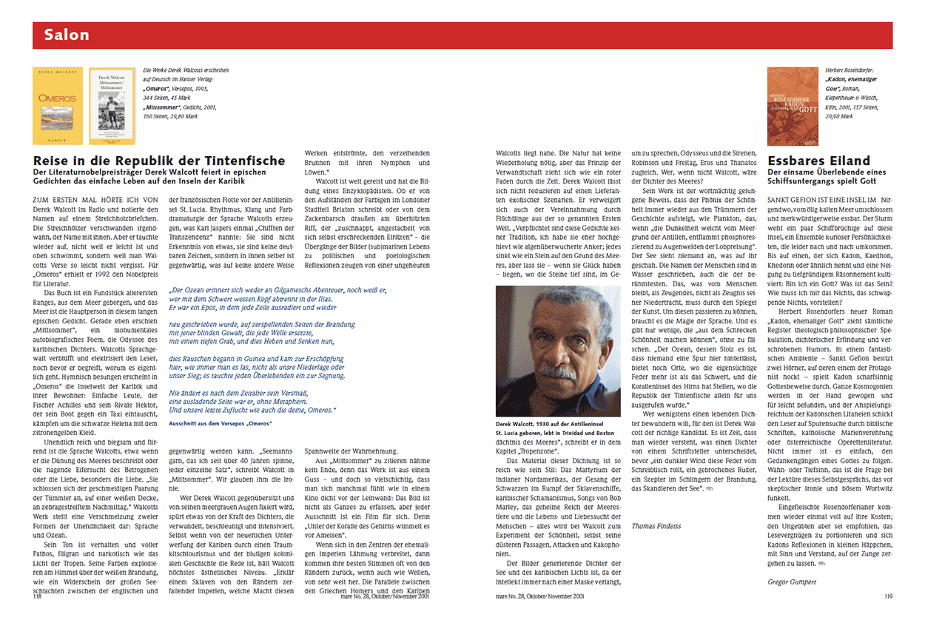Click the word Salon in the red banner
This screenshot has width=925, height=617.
click(x=66, y=35)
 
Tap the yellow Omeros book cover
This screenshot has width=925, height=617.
click(x=58, y=106)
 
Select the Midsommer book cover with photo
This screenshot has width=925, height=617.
click(x=112, y=106)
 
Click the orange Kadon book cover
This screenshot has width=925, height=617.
click(x=793, y=107)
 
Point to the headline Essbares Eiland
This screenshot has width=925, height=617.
click(x=808, y=161)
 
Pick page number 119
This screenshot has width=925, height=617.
click(x=889, y=596)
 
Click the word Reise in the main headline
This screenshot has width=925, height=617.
click(x=53, y=161)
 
